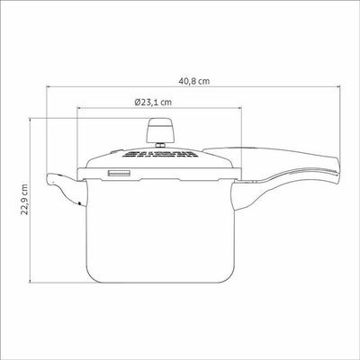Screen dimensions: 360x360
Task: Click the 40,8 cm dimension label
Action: (x=194, y=81)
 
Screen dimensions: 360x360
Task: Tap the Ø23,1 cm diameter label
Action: (x=153, y=102)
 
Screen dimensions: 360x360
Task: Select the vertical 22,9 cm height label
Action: (x=24, y=200)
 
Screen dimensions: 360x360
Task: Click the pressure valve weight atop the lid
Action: (x=159, y=130)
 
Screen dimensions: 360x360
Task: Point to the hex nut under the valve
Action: (x=159, y=146)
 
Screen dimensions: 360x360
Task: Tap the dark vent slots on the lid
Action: (x=159, y=155)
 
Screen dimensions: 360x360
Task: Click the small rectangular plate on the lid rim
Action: (x=120, y=174)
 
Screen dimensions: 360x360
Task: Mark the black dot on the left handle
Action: (x=79, y=203)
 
